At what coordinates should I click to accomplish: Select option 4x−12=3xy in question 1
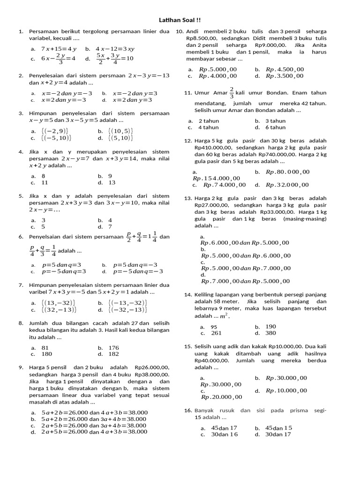tap(115, 49)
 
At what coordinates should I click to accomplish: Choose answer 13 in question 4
tap(112, 182)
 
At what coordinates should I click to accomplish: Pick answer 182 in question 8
tap(114, 354)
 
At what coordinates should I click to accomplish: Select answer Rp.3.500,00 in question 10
tap(285, 76)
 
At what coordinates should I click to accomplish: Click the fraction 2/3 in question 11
tap(231, 92)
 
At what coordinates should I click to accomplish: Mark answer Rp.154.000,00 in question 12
tap(216, 178)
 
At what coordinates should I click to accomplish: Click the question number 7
tap(21, 285)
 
